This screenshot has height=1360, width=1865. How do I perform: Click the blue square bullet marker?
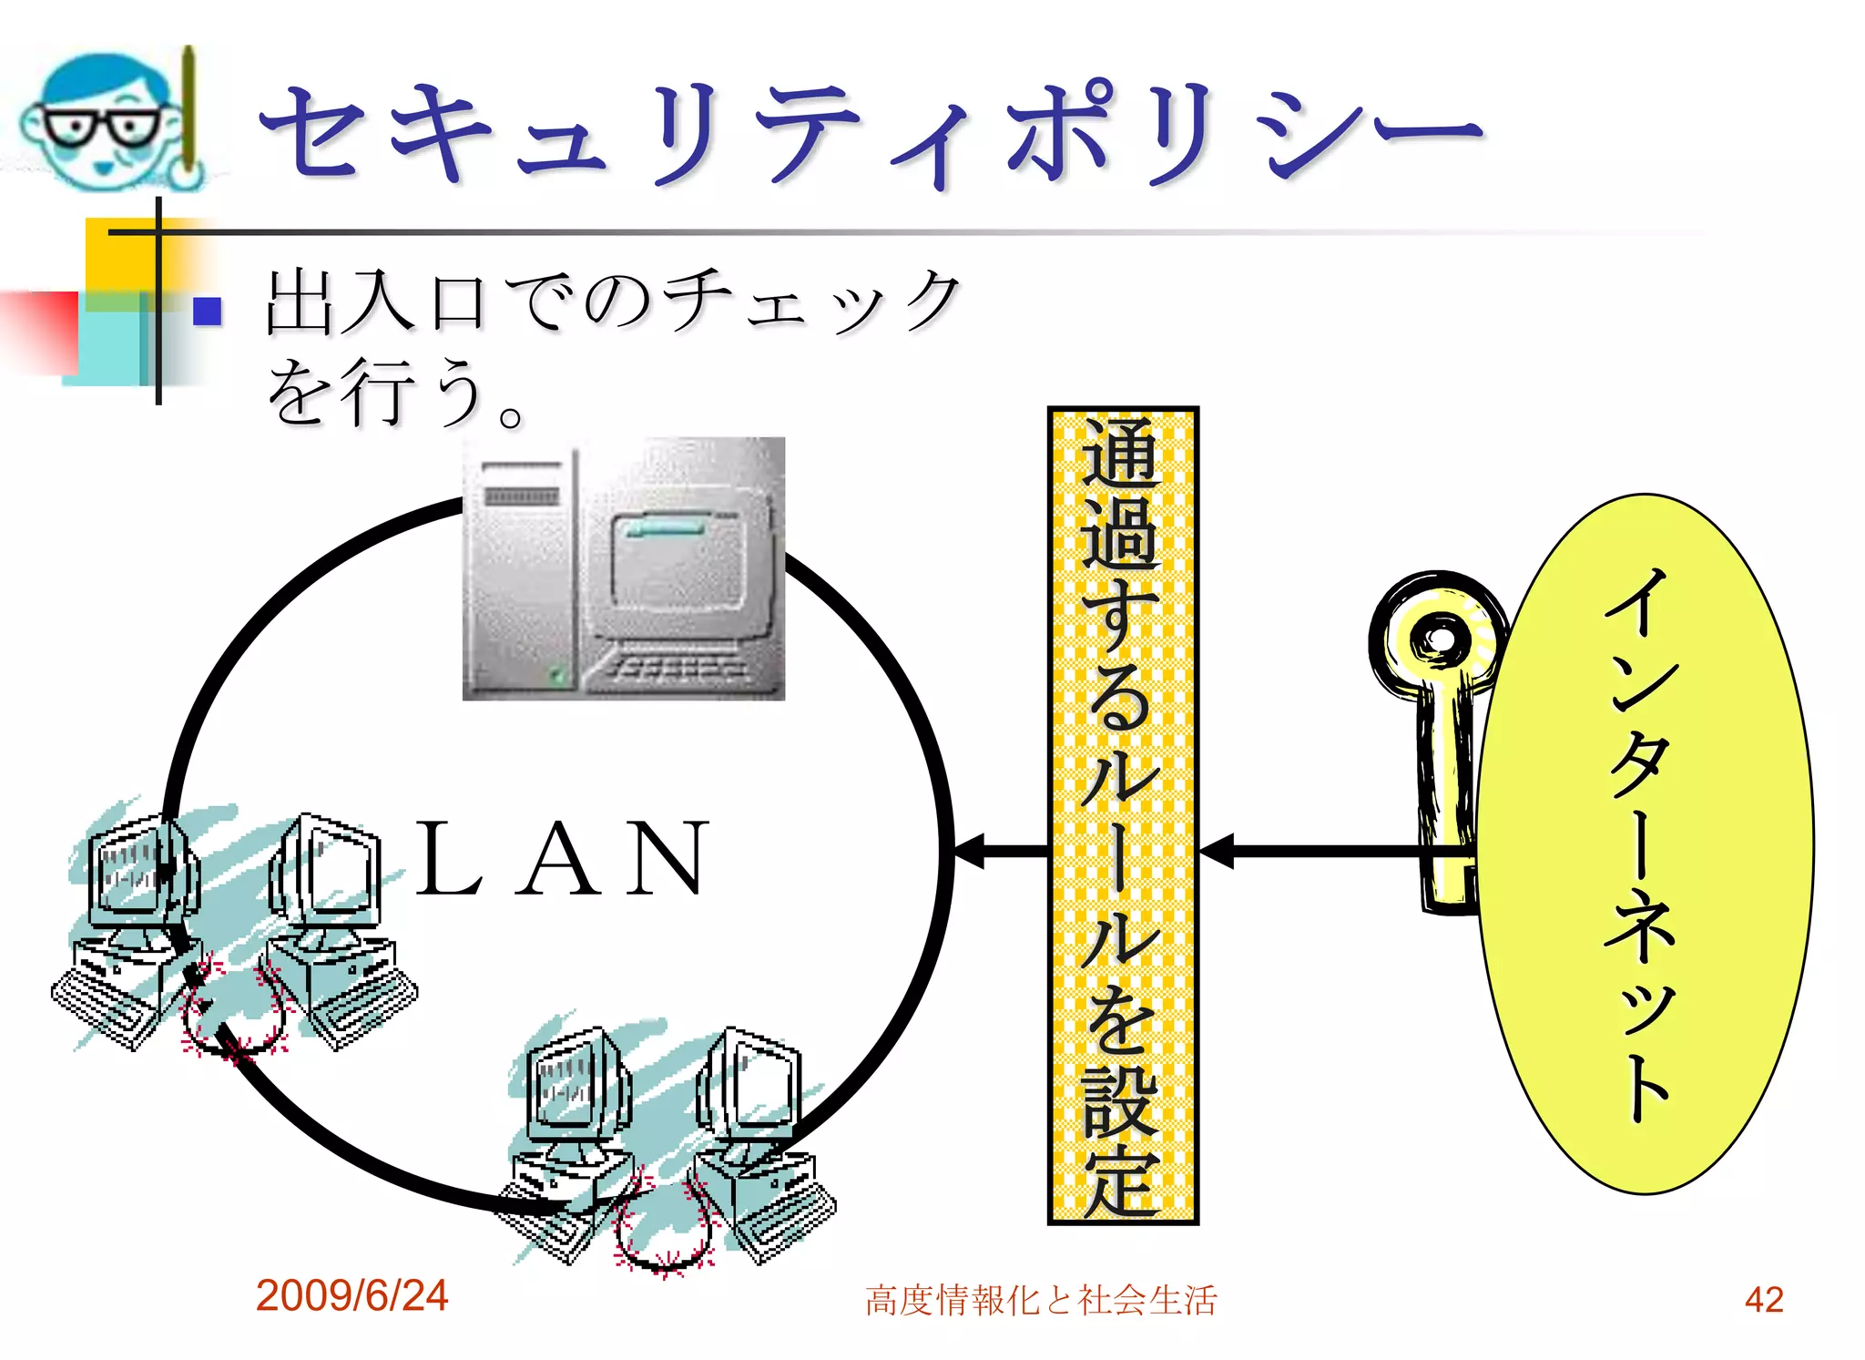tap(208, 312)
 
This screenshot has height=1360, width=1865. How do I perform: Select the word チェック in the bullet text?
tap(810, 301)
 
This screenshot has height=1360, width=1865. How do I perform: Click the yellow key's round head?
tap(1439, 638)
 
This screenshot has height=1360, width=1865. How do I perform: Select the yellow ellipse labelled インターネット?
tap(1644, 843)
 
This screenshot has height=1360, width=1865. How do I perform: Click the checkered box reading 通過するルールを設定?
tap(1122, 815)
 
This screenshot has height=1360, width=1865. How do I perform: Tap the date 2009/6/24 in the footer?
tap(352, 1295)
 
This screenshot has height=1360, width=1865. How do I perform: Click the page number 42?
tap(1764, 1299)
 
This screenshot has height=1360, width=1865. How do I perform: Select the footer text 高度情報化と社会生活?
tap(1041, 1300)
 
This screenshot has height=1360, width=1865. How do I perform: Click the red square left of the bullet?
tap(41, 332)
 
